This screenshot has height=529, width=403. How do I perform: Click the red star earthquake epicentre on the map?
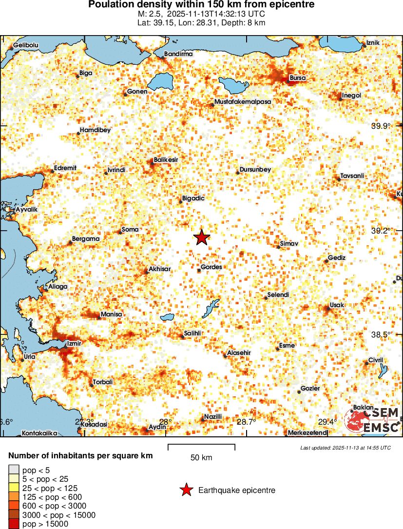coord(201,237)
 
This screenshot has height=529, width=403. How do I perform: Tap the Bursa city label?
coord(298,78)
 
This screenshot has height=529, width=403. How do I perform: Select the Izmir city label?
coord(73,343)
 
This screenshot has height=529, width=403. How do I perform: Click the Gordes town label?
coord(211,267)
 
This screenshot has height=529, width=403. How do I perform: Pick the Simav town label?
coord(289,243)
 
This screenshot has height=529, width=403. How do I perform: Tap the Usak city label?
coord(337,305)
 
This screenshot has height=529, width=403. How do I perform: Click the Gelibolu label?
coord(26,45)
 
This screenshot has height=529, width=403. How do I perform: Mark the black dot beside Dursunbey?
coord(238,173)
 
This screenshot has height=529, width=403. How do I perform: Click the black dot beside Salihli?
coord(182,336)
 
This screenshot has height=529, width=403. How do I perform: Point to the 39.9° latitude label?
coord(381,126)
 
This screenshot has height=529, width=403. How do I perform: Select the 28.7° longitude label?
coord(246,422)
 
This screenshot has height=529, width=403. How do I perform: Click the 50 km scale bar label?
coord(201,457)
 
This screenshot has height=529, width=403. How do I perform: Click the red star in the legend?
coord(186,490)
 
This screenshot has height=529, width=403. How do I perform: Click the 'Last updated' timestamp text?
coord(345,448)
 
